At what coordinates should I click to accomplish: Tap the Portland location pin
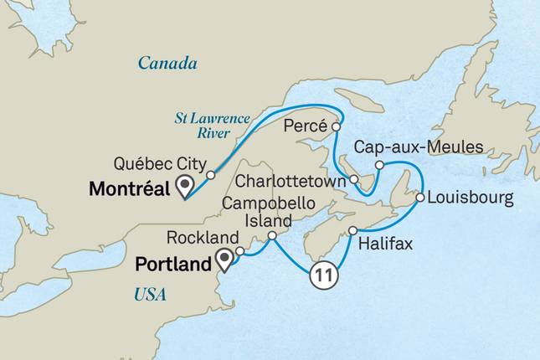(224, 259)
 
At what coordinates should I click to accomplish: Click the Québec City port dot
(211, 176)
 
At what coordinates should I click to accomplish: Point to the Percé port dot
(336, 127)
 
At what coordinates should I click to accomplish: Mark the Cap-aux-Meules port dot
(379, 165)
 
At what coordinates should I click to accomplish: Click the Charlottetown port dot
(354, 179)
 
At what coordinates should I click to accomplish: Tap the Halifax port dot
(353, 230)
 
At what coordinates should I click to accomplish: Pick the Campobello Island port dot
(271, 238)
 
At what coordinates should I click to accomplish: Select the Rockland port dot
(239, 250)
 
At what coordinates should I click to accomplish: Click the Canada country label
(167, 64)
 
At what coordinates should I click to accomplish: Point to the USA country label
(150, 294)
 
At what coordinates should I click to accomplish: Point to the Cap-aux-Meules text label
(419, 147)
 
